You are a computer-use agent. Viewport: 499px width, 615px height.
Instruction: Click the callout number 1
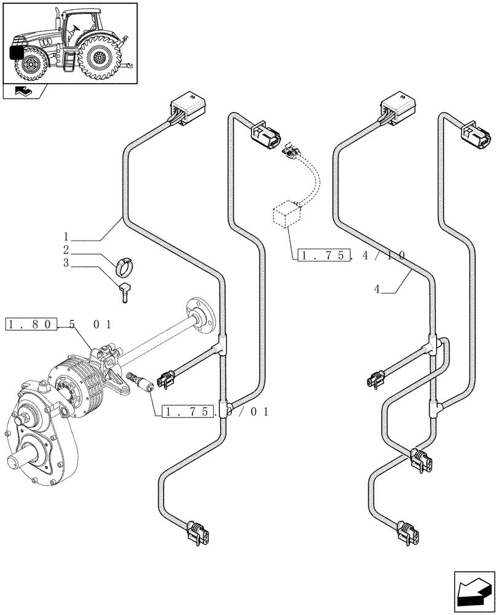[x=66, y=236]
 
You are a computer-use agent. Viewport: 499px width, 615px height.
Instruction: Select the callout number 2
[x=66, y=250]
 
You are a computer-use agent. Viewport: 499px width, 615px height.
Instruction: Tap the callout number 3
[x=66, y=264]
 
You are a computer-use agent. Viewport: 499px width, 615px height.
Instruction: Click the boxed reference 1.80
[x=31, y=324]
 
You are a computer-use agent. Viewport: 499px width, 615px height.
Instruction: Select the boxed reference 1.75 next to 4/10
[x=323, y=255]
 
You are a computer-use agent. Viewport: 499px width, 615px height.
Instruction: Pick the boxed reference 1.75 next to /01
[x=188, y=411]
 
